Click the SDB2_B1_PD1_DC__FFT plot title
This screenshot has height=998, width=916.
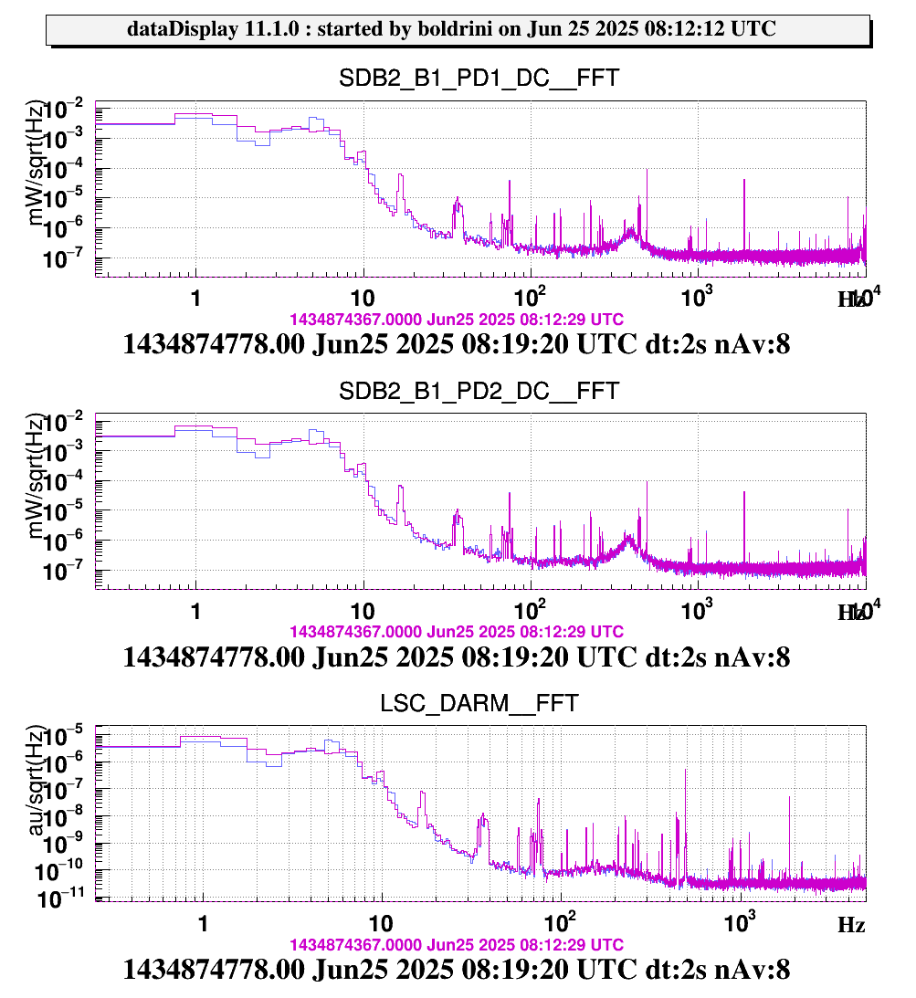[x=479, y=79]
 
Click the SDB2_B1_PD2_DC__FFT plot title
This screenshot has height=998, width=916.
[x=479, y=392]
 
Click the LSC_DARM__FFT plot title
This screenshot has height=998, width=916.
[x=479, y=704]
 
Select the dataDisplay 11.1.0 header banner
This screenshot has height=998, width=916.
[x=457, y=29]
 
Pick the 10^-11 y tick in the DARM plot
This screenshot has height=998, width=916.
[x=66, y=900]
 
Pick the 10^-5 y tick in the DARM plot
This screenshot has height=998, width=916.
[x=67, y=734]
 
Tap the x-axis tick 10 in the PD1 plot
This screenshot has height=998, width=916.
[x=363, y=299]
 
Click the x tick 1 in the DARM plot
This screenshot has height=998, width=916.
[x=202, y=923]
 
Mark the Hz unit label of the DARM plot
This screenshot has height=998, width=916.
[x=851, y=925]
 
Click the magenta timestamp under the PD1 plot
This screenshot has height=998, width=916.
[x=457, y=320]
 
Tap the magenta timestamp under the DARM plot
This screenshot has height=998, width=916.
[x=457, y=944]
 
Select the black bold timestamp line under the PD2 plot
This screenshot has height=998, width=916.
[x=457, y=657]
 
